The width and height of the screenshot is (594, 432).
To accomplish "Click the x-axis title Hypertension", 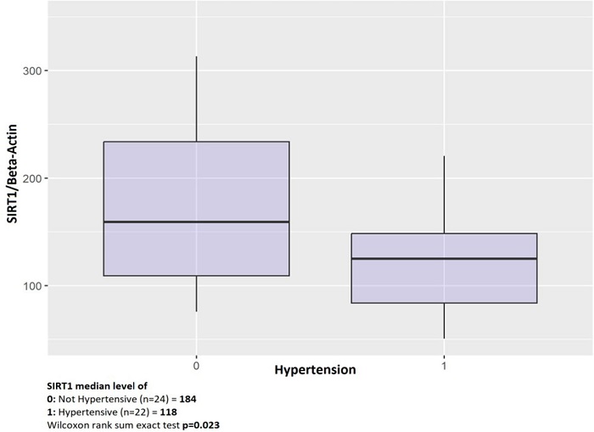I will click(x=315, y=370).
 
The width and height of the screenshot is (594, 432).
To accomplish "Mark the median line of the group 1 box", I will click(x=444, y=259).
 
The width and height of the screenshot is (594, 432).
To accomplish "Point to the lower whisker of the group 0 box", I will click(x=197, y=294).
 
